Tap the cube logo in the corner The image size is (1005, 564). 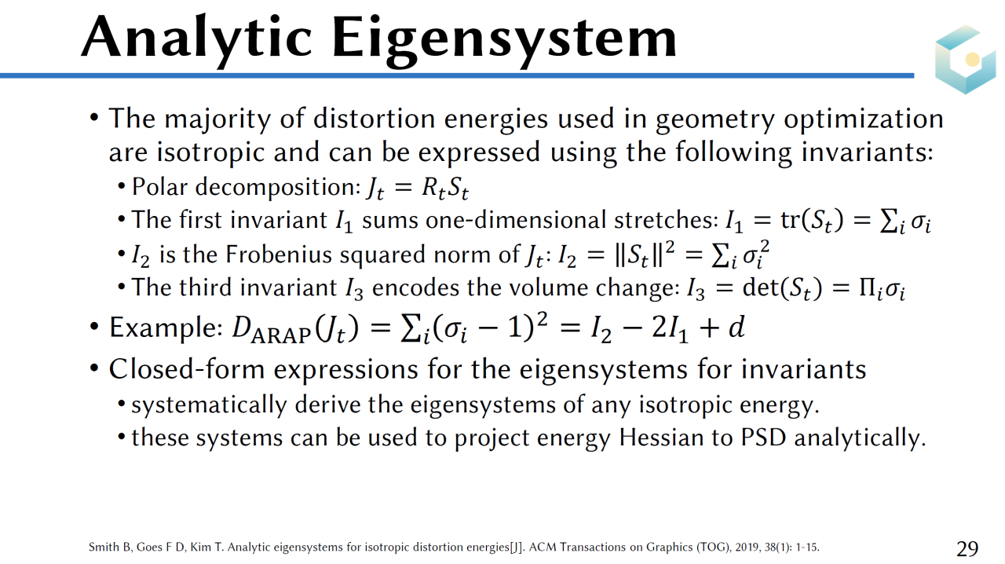coord(966,59)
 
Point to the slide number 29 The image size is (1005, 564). coord(967,548)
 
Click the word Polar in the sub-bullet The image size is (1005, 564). coord(159,186)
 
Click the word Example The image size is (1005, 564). coord(166,328)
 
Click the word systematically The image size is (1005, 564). coord(209,405)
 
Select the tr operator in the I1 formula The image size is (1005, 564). coord(791,220)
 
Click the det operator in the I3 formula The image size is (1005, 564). coord(761,287)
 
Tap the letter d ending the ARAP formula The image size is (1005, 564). coord(736,327)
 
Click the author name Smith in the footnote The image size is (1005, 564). coord(100,547)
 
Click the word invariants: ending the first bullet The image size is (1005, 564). coord(868,152)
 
